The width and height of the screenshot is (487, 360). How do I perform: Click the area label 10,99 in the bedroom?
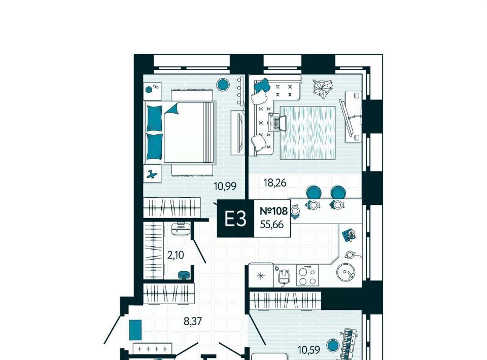point(225,186)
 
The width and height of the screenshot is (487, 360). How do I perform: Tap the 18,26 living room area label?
point(275,183)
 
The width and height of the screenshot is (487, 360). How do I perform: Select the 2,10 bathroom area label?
point(176,255)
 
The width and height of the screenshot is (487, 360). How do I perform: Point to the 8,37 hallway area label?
point(193,321)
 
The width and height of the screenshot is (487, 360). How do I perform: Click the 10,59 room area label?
point(309,350)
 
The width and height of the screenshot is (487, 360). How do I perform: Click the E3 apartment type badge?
point(235,219)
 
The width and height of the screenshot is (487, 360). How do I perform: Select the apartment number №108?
point(273,211)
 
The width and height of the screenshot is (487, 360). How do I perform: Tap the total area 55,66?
point(272,224)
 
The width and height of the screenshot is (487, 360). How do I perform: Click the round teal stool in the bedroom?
point(223,84)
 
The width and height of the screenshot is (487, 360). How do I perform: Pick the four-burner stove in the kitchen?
point(307,275)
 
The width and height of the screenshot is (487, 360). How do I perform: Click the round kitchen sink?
point(345,272)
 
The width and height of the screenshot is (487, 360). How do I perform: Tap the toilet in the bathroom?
point(180,228)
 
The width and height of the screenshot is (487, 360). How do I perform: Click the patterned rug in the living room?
point(308,133)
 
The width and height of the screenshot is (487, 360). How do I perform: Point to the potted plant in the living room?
point(323,88)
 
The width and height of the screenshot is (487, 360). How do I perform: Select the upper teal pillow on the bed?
point(154,118)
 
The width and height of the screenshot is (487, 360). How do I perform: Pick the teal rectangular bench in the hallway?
point(135,330)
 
